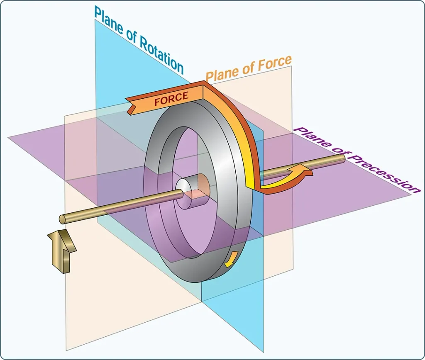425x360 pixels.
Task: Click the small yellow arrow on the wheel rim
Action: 231,259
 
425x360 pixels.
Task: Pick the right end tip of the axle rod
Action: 343,158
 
